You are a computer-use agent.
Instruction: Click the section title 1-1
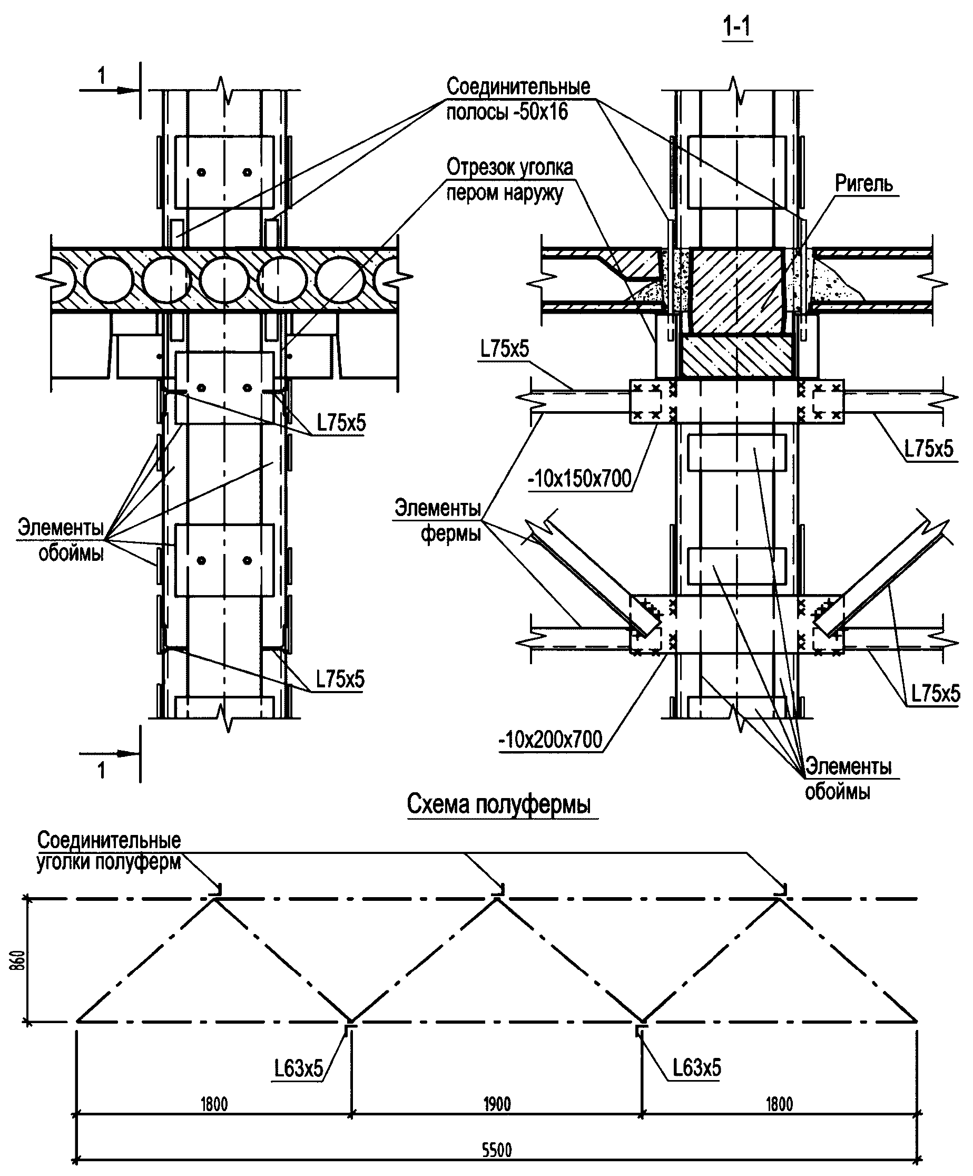point(737,27)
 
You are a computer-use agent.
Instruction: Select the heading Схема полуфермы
point(498,804)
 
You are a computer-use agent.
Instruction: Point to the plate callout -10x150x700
point(579,479)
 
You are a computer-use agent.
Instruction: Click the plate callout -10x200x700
point(551,740)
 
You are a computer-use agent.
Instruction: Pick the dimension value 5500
point(497,1150)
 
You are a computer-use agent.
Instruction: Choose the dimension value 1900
point(497,1104)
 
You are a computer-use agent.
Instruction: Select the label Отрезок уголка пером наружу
point(510,180)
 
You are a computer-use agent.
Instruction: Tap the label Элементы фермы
point(438,521)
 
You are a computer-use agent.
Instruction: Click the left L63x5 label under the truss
point(299,1069)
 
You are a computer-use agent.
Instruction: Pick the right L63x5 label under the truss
point(696,1068)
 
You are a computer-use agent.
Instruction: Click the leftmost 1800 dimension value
point(214,1104)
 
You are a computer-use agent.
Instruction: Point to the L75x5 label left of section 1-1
point(504,349)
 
